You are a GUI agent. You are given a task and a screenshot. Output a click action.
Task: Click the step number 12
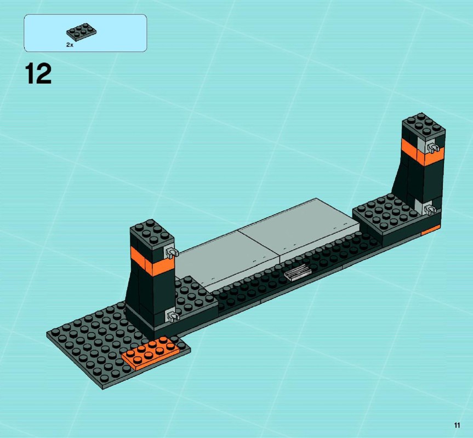38,74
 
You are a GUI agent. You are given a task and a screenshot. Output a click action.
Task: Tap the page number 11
457,425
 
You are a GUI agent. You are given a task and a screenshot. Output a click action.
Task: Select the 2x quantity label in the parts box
70,45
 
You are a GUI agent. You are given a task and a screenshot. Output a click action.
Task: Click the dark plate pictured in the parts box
82,31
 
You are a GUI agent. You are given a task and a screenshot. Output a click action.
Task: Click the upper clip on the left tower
171,252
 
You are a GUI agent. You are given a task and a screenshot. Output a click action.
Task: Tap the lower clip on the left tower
173,316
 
